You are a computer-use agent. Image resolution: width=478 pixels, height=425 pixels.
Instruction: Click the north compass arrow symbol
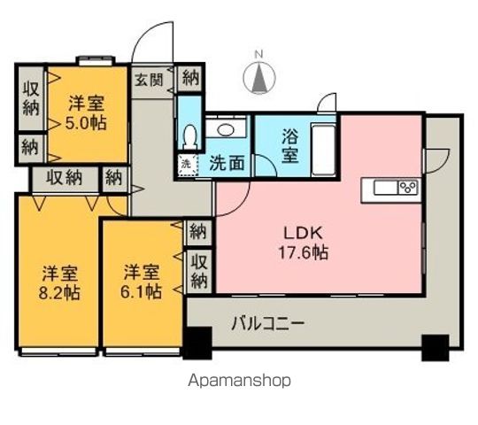260,79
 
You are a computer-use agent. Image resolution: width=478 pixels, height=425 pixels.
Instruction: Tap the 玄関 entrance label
149,79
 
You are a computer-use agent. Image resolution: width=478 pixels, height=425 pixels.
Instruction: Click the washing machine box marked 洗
186,163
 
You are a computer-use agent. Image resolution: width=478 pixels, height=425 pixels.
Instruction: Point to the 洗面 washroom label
227,164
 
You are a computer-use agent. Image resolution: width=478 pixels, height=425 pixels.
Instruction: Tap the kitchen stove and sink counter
395,188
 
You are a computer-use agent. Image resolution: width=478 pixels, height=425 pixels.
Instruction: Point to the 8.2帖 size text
58,290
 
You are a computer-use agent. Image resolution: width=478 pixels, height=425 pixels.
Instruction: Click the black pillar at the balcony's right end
434,346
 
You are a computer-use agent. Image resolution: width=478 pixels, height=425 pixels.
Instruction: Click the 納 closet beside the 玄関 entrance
189,77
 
